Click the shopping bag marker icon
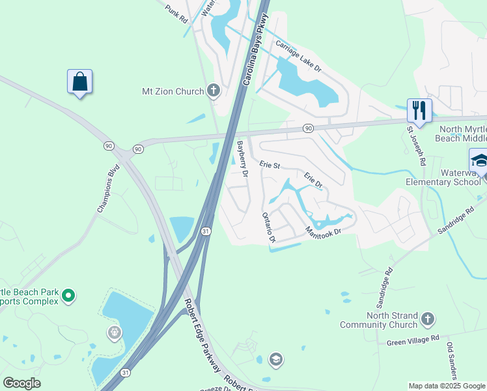[x=79, y=82]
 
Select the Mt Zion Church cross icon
[x=213, y=91]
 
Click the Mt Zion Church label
[x=173, y=92]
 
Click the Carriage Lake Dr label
[x=298, y=55]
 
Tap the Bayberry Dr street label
[x=242, y=159]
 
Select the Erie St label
[x=270, y=166]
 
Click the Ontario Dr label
[x=268, y=227]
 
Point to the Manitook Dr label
[x=324, y=231]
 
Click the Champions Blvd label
[x=109, y=191]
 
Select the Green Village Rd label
[x=413, y=340]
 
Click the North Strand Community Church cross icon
[x=427, y=319]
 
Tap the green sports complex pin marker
[x=68, y=297]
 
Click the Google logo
[x=21, y=383]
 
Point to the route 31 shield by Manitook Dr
[x=205, y=231]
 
